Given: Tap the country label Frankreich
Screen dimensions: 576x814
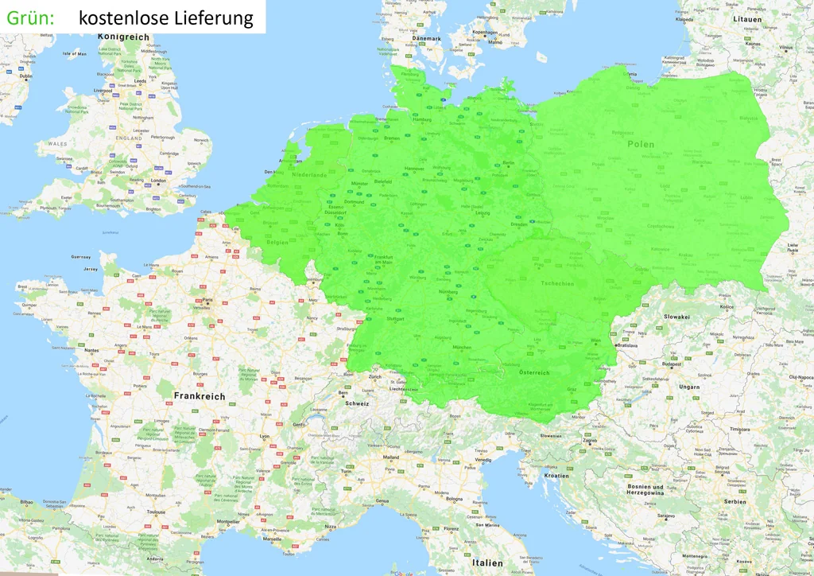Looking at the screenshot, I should (x=200, y=395).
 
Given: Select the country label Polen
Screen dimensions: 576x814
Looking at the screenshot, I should (x=641, y=144).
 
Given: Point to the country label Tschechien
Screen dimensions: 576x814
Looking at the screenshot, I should (x=556, y=283).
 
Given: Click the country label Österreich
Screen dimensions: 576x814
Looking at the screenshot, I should (x=534, y=372).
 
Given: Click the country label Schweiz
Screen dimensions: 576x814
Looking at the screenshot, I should (x=357, y=403).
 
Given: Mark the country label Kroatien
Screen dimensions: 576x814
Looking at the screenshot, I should (x=556, y=475).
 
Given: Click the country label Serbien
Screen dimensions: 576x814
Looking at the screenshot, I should (x=735, y=501).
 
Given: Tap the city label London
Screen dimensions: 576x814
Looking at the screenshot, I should (x=158, y=181).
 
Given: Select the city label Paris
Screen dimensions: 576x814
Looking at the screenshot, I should (x=208, y=301).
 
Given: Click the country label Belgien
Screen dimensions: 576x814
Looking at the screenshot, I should (x=277, y=241).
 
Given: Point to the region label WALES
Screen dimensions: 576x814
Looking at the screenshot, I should (x=58, y=144).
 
